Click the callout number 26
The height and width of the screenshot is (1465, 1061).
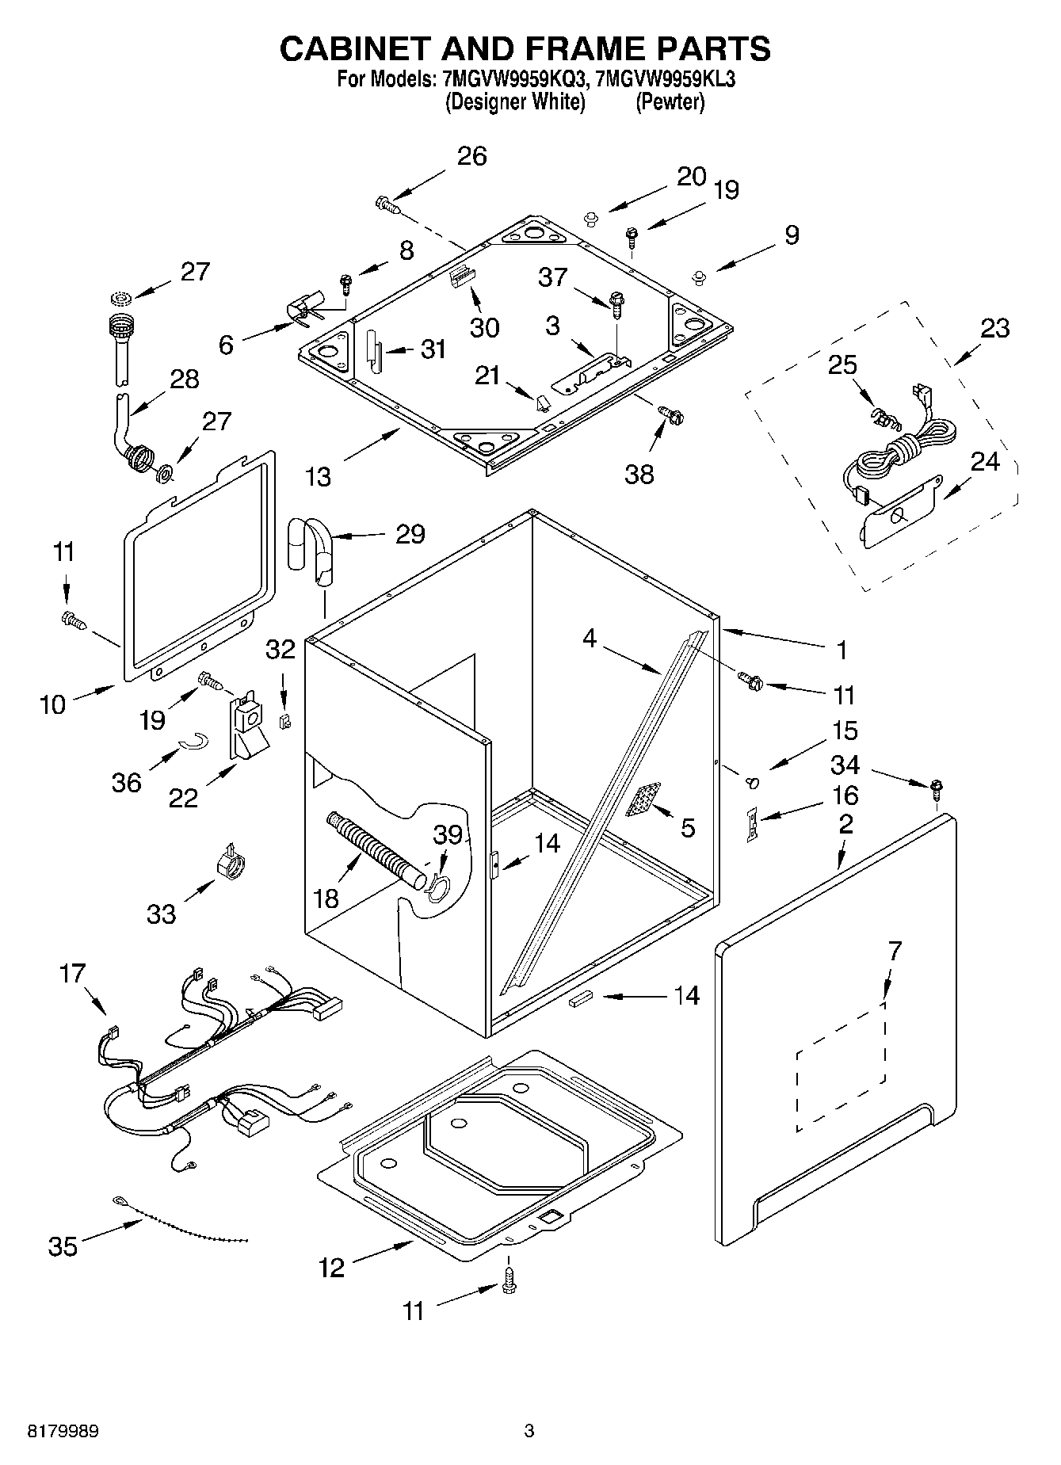(472, 156)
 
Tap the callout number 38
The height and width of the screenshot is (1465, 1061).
(639, 474)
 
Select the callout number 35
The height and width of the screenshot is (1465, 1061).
(63, 1246)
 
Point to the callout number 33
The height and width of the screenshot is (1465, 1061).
(161, 914)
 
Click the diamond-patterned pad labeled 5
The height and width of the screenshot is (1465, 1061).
(643, 799)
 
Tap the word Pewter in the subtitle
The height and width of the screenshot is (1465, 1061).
(670, 102)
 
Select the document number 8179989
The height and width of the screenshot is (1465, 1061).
(63, 1432)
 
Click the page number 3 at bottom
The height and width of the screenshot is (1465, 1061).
(529, 1432)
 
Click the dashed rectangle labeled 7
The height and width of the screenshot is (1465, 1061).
(841, 1066)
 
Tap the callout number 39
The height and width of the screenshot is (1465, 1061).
(448, 834)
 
